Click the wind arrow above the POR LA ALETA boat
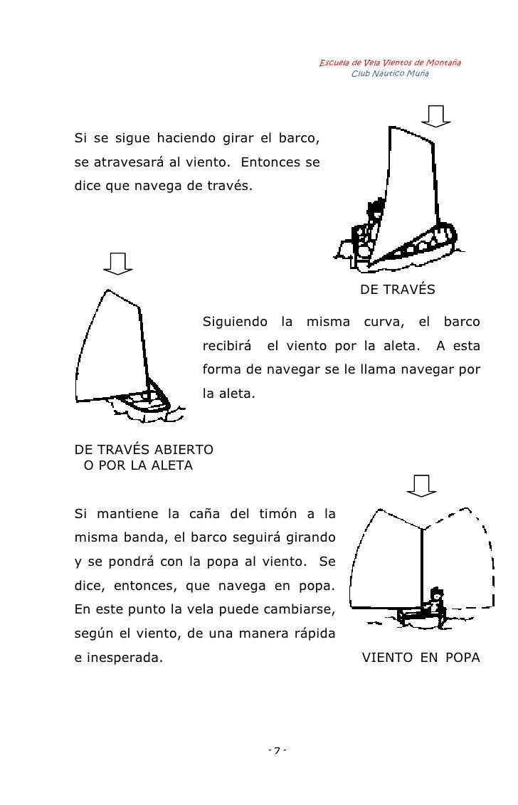(117, 263)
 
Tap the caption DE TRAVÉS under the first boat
(397, 290)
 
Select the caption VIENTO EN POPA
(421, 658)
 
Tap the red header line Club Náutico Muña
(390, 74)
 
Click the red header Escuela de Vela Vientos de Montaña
(389, 63)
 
